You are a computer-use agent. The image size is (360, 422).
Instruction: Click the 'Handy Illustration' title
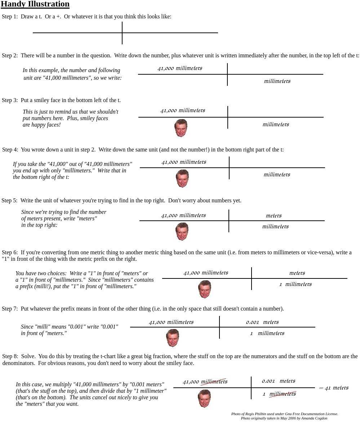(x=35, y=4)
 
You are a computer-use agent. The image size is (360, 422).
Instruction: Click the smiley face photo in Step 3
(x=181, y=128)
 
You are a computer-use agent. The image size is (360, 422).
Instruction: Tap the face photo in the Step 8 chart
(x=204, y=398)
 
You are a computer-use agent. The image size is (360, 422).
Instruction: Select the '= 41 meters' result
(x=334, y=388)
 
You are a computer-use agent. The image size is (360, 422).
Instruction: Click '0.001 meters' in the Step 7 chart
(x=262, y=322)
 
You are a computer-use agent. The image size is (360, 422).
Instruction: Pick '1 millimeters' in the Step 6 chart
(x=295, y=284)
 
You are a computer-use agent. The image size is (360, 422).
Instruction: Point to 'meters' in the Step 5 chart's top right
(x=274, y=216)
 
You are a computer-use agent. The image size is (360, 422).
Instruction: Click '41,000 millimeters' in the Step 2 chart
(x=180, y=68)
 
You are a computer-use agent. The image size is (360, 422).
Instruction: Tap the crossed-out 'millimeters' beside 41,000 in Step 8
(x=214, y=382)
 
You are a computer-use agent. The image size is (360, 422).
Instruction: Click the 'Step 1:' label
(x=10, y=17)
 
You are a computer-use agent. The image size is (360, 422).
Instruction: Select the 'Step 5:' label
(x=9, y=201)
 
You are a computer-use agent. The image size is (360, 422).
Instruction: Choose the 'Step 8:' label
(x=10, y=356)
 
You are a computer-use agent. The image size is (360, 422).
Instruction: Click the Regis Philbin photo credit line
(x=285, y=414)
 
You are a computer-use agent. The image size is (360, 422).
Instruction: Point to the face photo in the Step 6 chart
(x=205, y=289)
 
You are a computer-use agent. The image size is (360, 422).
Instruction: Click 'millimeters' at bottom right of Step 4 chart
(x=277, y=175)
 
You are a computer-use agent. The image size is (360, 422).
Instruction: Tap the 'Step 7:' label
(x=10, y=309)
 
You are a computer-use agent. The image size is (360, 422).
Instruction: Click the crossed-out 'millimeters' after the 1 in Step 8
(x=283, y=394)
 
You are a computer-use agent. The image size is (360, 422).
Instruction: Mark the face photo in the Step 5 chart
(x=182, y=231)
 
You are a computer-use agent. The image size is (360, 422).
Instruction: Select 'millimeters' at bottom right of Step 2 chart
(x=277, y=81)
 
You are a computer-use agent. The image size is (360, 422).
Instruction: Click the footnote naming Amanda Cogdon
(x=284, y=418)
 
